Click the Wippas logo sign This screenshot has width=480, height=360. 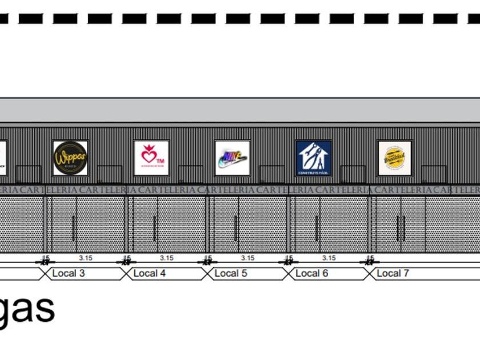pos(70,158)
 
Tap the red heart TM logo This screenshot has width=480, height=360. pos(151,158)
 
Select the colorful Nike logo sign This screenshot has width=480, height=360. pos(232,158)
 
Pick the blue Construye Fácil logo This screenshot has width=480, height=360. pos(314,158)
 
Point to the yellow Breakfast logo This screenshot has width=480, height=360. pos(394,158)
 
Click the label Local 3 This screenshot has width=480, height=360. pos(69,273)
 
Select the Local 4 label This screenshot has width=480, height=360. pos(150,273)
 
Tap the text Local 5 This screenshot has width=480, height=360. pos(231,273)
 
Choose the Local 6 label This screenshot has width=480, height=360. pos(312,273)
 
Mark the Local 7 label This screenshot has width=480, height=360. pos(393,273)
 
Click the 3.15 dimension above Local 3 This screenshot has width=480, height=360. pos(86,258)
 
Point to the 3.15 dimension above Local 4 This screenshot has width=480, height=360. pos(167,258)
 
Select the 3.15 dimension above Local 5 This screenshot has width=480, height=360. pos(248,258)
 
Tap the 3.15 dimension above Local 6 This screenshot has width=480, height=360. pos(329,258)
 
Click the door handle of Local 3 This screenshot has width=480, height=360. pos(74,228)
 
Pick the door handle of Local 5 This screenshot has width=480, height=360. pos(236,228)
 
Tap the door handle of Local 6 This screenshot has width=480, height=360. pos(317,228)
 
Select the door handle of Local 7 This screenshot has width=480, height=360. pos(399,228)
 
